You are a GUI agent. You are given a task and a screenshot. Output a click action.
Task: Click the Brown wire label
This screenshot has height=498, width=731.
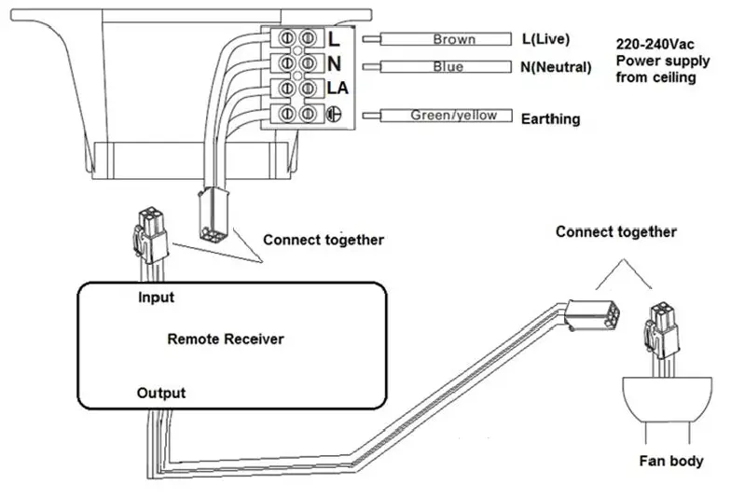click(x=454, y=39)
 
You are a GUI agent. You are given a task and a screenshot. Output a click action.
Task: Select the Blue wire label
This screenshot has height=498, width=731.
click(x=448, y=67)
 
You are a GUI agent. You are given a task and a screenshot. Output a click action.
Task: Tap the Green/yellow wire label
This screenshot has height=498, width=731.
click(x=447, y=116)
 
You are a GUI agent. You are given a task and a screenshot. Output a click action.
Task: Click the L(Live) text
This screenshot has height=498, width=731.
click(x=545, y=39)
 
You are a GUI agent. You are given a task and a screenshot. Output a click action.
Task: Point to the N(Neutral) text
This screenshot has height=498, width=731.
click(x=556, y=67)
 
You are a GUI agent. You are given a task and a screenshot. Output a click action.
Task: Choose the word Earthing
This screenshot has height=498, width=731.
click(x=550, y=119)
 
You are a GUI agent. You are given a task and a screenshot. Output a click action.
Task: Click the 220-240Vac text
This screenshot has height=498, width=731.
click(x=656, y=44)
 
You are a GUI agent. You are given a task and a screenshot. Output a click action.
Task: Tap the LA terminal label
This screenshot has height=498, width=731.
click(x=338, y=88)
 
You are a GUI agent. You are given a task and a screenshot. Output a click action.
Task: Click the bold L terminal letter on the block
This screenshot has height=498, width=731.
click(x=334, y=39)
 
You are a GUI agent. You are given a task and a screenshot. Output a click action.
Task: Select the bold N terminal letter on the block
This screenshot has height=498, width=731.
click(x=334, y=63)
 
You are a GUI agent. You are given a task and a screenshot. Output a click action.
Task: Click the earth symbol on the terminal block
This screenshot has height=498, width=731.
click(x=331, y=114)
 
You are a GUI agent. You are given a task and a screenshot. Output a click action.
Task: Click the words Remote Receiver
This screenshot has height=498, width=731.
click(x=226, y=339)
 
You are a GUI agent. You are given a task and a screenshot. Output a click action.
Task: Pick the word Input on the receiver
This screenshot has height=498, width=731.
click(x=156, y=297)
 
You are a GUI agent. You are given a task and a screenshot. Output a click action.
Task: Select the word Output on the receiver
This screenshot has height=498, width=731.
click(x=161, y=393)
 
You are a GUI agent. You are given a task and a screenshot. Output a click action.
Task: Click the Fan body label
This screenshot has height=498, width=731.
click(x=671, y=461)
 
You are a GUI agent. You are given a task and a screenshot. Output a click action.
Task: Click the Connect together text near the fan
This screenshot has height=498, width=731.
click(x=616, y=231)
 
